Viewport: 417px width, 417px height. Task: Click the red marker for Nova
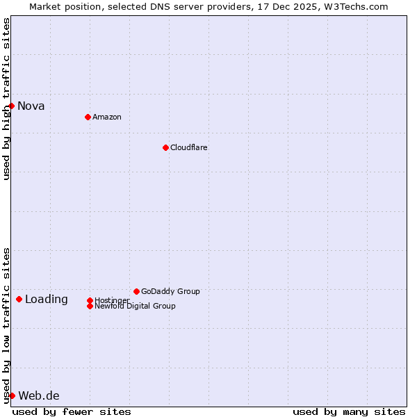click(12, 106)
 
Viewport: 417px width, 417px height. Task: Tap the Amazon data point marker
click(88, 117)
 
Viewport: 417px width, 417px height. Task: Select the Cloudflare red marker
click(165, 147)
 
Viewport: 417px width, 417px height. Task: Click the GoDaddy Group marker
click(136, 291)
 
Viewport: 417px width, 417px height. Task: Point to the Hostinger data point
click(90, 300)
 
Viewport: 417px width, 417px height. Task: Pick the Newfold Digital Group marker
click(90, 306)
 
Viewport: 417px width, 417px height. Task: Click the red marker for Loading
click(19, 299)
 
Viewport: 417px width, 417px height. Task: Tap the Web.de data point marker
click(12, 395)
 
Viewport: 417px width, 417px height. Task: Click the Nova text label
click(31, 106)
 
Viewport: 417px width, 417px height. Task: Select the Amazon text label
click(107, 117)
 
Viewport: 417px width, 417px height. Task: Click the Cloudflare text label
click(189, 147)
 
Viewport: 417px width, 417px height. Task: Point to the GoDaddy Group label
click(170, 291)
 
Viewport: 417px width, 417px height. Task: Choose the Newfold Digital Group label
click(135, 306)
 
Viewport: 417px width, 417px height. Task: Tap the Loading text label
click(47, 300)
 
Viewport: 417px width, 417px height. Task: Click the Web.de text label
click(39, 396)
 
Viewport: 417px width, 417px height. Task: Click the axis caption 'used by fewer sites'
click(72, 411)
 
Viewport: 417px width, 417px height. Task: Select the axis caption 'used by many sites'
click(349, 411)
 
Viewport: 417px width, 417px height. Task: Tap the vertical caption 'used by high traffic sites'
click(6, 99)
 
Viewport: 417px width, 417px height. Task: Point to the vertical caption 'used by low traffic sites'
click(6, 325)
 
